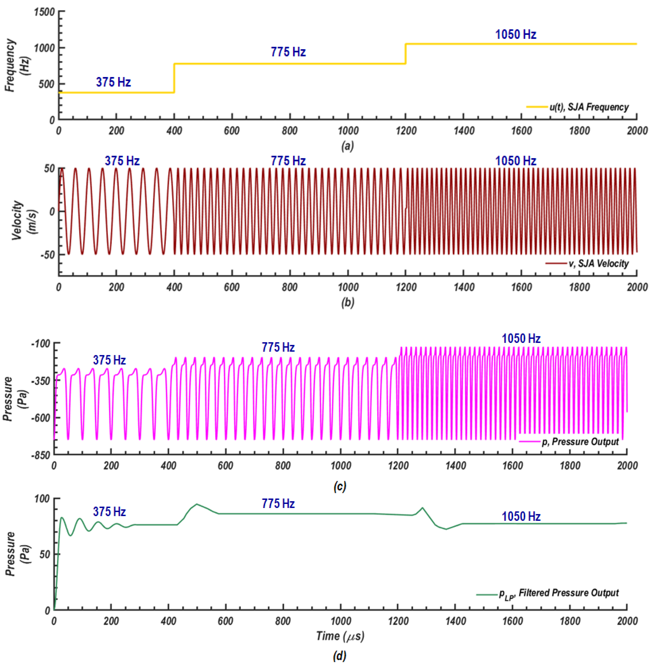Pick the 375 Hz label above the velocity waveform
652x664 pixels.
point(122,161)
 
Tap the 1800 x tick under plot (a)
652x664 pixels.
point(579,131)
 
